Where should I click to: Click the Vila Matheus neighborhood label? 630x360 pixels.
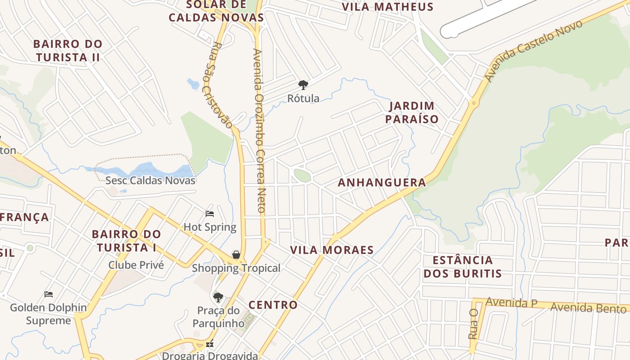[387, 7]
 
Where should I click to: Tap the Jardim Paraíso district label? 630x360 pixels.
[412, 112]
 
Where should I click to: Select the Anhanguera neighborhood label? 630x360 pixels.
[382, 182]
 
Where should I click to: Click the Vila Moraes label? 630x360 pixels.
[332, 250]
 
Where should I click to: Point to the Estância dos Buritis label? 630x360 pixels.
[463, 267]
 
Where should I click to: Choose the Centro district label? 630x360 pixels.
[273, 305]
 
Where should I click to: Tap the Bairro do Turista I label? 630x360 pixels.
[126, 241]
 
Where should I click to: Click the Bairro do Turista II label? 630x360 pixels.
[68, 51]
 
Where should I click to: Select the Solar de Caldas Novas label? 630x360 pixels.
[216, 11]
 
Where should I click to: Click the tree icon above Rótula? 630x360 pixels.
[303, 85]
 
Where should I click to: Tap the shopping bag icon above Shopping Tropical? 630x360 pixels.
[236, 255]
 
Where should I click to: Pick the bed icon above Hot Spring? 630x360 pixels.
[209, 213]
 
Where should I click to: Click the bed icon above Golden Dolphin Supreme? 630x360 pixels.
[49, 294]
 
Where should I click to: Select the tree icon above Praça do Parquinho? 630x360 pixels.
[218, 297]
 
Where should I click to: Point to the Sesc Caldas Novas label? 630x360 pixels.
[150, 180]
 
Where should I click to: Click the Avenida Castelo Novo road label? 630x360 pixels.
[533, 50]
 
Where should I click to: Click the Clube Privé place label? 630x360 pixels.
[136, 265]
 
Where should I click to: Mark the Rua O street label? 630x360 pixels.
[472, 324]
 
